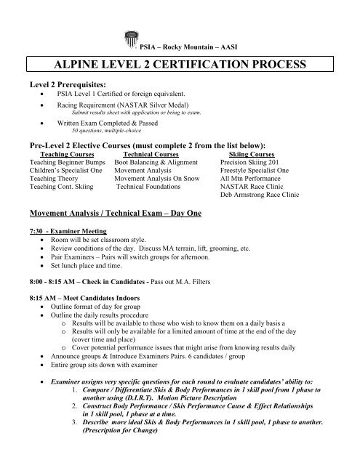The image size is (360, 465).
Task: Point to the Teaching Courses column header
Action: pyautogui.click(x=60, y=154)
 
